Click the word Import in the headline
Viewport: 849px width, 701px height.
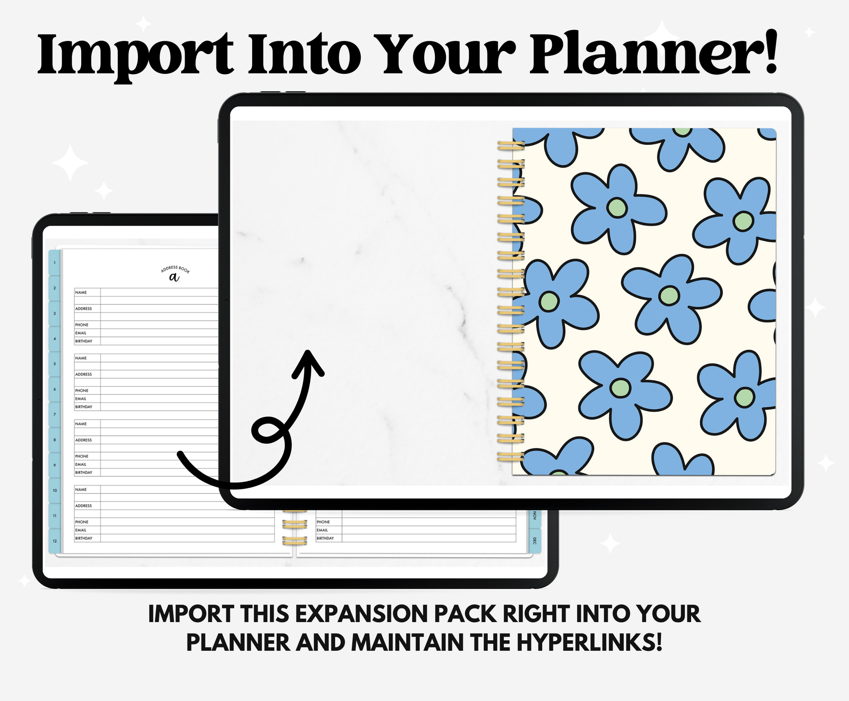click(136, 55)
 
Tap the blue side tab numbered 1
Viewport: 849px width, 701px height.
click(55, 263)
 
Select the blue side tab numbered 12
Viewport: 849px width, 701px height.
click(55, 541)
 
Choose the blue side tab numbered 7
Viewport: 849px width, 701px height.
click(55, 414)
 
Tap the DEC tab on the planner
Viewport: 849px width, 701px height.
click(535, 541)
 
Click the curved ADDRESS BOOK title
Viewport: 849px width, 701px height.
click(175, 269)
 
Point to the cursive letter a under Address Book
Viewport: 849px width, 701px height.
click(175, 277)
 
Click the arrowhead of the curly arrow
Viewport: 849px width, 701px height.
click(308, 362)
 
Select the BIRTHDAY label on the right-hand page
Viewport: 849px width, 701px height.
click(325, 538)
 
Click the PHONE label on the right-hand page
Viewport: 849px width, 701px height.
click(323, 522)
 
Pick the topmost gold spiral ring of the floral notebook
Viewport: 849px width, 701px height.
click(511, 145)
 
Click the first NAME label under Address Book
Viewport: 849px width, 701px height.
click(81, 292)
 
